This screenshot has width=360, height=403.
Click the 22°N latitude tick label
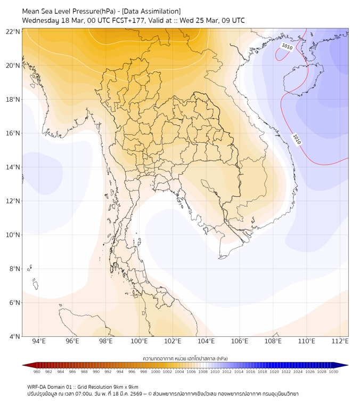13,31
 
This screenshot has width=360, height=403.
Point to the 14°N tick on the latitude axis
13,167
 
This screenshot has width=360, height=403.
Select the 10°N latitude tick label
13,235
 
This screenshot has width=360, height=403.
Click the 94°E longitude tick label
39,341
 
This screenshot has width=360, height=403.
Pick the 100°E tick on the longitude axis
139,341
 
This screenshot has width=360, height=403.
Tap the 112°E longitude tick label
340,341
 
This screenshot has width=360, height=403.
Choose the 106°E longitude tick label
240,341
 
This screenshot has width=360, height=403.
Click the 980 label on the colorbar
37,372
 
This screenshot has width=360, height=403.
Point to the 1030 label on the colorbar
333,372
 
